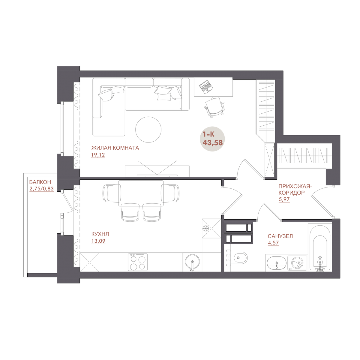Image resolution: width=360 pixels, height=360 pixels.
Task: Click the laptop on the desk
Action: (x=206, y=87)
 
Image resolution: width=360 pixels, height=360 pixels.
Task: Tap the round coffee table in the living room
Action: (x=148, y=130)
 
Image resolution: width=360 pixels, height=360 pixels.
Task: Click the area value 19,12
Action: (x=98, y=155)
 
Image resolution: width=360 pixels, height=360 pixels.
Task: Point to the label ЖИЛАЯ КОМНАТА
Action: (x=115, y=148)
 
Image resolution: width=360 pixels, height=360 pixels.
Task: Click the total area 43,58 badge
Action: (x=212, y=139)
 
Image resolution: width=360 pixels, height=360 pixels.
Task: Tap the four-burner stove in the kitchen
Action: (x=138, y=262)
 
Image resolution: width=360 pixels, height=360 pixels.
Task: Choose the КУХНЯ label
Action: (x=100, y=234)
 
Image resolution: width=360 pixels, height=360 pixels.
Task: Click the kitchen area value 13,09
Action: (x=98, y=241)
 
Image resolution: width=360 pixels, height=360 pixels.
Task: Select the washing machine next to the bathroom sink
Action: (x=297, y=263)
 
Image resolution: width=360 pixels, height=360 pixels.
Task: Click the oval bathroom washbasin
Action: (x=277, y=263)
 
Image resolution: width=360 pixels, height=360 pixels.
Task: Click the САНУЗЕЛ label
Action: (x=280, y=236)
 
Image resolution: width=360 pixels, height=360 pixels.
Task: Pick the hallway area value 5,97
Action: (x=284, y=199)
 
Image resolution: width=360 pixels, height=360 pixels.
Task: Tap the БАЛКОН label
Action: (x=40, y=182)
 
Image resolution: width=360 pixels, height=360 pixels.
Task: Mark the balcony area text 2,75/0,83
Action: (x=41, y=189)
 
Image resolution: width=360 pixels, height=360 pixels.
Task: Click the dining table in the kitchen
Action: (x=141, y=193)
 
